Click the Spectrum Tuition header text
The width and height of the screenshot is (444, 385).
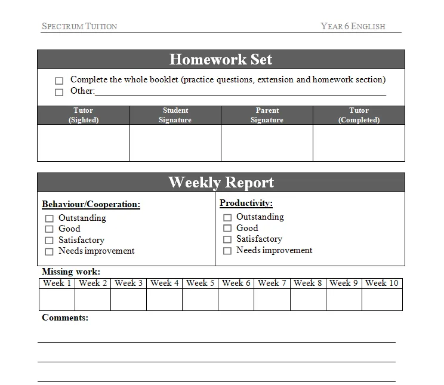[x=79, y=26]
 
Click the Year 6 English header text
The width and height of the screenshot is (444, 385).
[x=353, y=26]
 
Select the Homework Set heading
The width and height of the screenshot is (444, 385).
[x=221, y=59]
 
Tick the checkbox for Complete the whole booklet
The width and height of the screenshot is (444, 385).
[x=59, y=81]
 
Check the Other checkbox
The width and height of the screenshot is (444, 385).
[x=59, y=92]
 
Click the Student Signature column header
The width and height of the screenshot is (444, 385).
[x=175, y=115]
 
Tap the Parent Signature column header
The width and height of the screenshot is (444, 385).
[x=267, y=115]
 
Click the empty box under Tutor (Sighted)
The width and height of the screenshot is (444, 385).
[x=83, y=143]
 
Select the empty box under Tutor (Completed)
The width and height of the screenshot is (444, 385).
[x=359, y=143]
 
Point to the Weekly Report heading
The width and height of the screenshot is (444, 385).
[x=221, y=182]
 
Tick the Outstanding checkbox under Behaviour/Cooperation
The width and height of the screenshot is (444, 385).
[x=50, y=218]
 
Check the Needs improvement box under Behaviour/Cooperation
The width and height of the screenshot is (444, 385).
[x=50, y=252]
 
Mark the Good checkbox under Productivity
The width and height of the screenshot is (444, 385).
[x=227, y=228]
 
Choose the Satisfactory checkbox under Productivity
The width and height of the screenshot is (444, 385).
[x=227, y=239]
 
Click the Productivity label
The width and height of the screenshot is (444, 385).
[x=246, y=204]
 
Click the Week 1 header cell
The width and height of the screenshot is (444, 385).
[x=57, y=283]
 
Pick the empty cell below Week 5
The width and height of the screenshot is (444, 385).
[x=201, y=300]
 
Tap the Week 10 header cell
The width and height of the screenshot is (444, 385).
[x=382, y=283]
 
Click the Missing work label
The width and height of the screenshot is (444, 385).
[x=71, y=272]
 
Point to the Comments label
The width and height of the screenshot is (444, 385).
[x=65, y=318]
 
